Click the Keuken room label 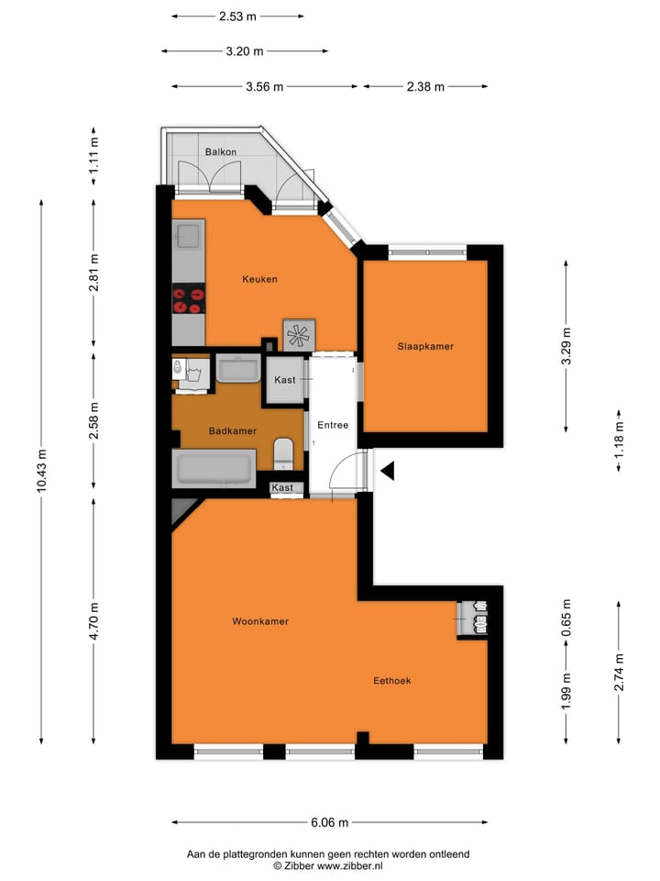pyautogui.click(x=259, y=279)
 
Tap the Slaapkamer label pyautogui.click(x=425, y=346)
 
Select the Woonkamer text pyautogui.click(x=260, y=621)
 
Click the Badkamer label pyautogui.click(x=232, y=430)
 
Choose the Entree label pyautogui.click(x=332, y=426)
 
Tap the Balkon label pyautogui.click(x=220, y=151)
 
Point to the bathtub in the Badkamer pyautogui.click(x=214, y=469)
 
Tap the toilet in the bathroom pyautogui.click(x=283, y=452)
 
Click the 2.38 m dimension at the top pyautogui.click(x=424, y=87)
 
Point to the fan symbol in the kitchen pyautogui.click(x=299, y=334)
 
